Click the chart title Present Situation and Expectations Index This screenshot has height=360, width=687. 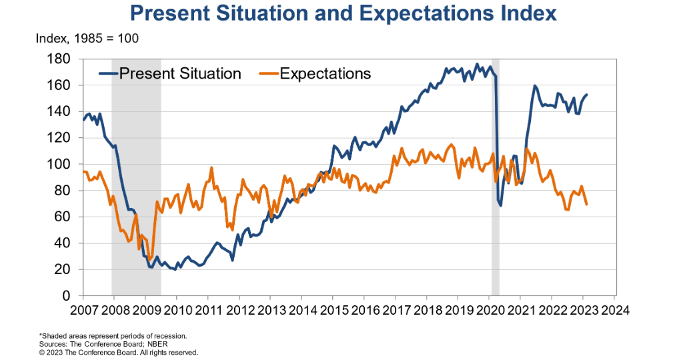343,14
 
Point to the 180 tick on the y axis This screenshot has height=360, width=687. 61,59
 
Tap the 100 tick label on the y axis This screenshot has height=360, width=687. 61,165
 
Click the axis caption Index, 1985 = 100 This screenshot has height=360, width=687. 87,39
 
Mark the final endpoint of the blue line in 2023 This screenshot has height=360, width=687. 587,95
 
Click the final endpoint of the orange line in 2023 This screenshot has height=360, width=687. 587,204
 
